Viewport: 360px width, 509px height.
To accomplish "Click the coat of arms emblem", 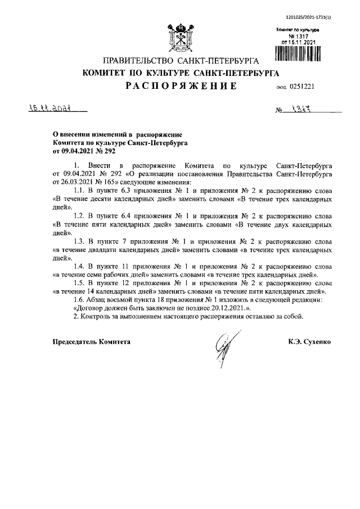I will pyautogui.click(x=179, y=38).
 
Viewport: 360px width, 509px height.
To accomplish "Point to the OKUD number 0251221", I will pyautogui.click(x=305, y=87).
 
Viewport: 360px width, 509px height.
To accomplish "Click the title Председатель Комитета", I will pyautogui.click(x=91, y=341).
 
